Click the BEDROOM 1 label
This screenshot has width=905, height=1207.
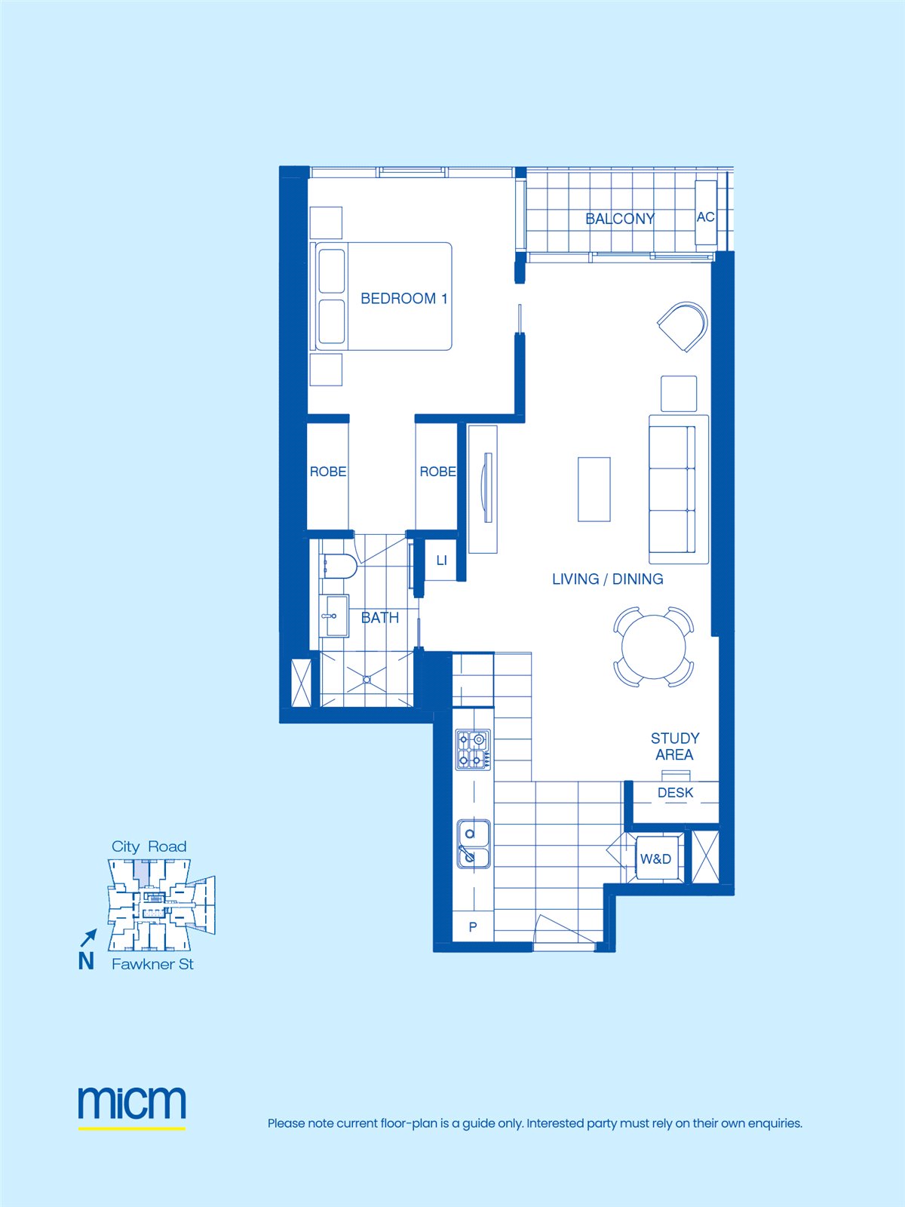pyautogui.click(x=404, y=299)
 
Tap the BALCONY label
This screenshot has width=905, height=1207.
pyautogui.click(x=620, y=219)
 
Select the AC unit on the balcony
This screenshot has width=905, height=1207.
pyautogui.click(x=706, y=213)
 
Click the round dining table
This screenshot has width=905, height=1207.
pyautogui.click(x=653, y=646)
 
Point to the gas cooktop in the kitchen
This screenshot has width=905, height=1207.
pyautogui.click(x=473, y=750)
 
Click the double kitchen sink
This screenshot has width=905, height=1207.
pyautogui.click(x=474, y=844)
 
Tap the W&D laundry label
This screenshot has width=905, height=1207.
pyautogui.click(x=655, y=859)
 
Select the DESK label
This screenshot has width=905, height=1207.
pyautogui.click(x=675, y=792)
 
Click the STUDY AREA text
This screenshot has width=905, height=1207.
pyautogui.click(x=675, y=746)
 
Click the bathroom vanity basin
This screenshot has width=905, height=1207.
pyautogui.click(x=334, y=616)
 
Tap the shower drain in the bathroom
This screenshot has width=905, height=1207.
pyautogui.click(x=367, y=680)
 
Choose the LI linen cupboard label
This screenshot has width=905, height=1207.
pyautogui.click(x=442, y=561)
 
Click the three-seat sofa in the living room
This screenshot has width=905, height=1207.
pyautogui.click(x=679, y=490)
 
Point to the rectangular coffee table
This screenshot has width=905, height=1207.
pyautogui.click(x=594, y=489)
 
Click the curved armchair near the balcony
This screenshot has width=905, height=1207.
pyautogui.click(x=683, y=326)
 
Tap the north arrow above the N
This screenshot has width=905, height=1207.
pyautogui.click(x=89, y=938)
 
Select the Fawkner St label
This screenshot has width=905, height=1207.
pyautogui.click(x=153, y=964)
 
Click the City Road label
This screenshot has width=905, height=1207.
pyautogui.click(x=149, y=846)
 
